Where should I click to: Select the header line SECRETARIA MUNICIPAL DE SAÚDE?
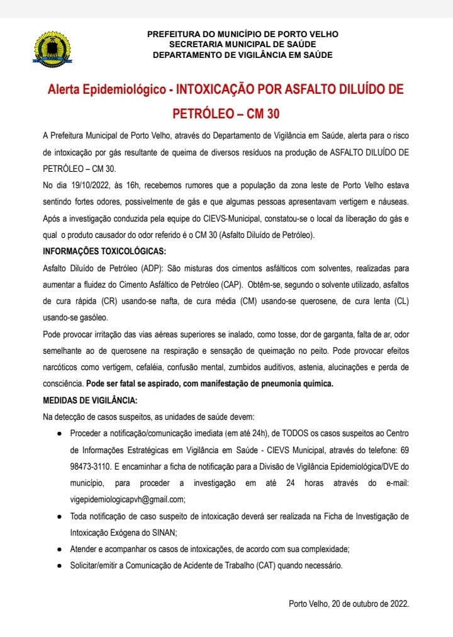point(242,44)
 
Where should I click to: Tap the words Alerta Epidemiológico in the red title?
point(107,90)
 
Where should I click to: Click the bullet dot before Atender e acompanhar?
point(59,549)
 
